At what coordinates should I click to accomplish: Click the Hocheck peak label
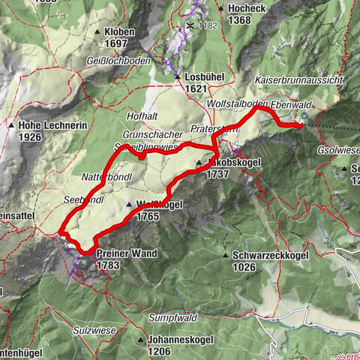[x=247, y=7]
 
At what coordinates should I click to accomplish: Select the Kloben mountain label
[x=119, y=33]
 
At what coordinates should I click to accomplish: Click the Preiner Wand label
[x=127, y=253]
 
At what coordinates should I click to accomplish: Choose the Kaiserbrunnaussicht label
[x=299, y=79]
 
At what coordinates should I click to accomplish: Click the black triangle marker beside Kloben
[x=99, y=33]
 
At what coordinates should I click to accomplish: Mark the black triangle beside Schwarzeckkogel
[x=226, y=255]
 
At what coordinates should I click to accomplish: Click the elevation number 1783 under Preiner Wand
[x=108, y=265]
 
